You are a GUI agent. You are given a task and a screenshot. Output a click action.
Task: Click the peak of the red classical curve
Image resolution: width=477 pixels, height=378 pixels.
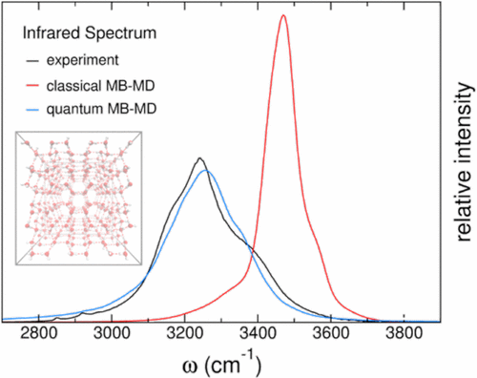(x=282, y=15)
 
